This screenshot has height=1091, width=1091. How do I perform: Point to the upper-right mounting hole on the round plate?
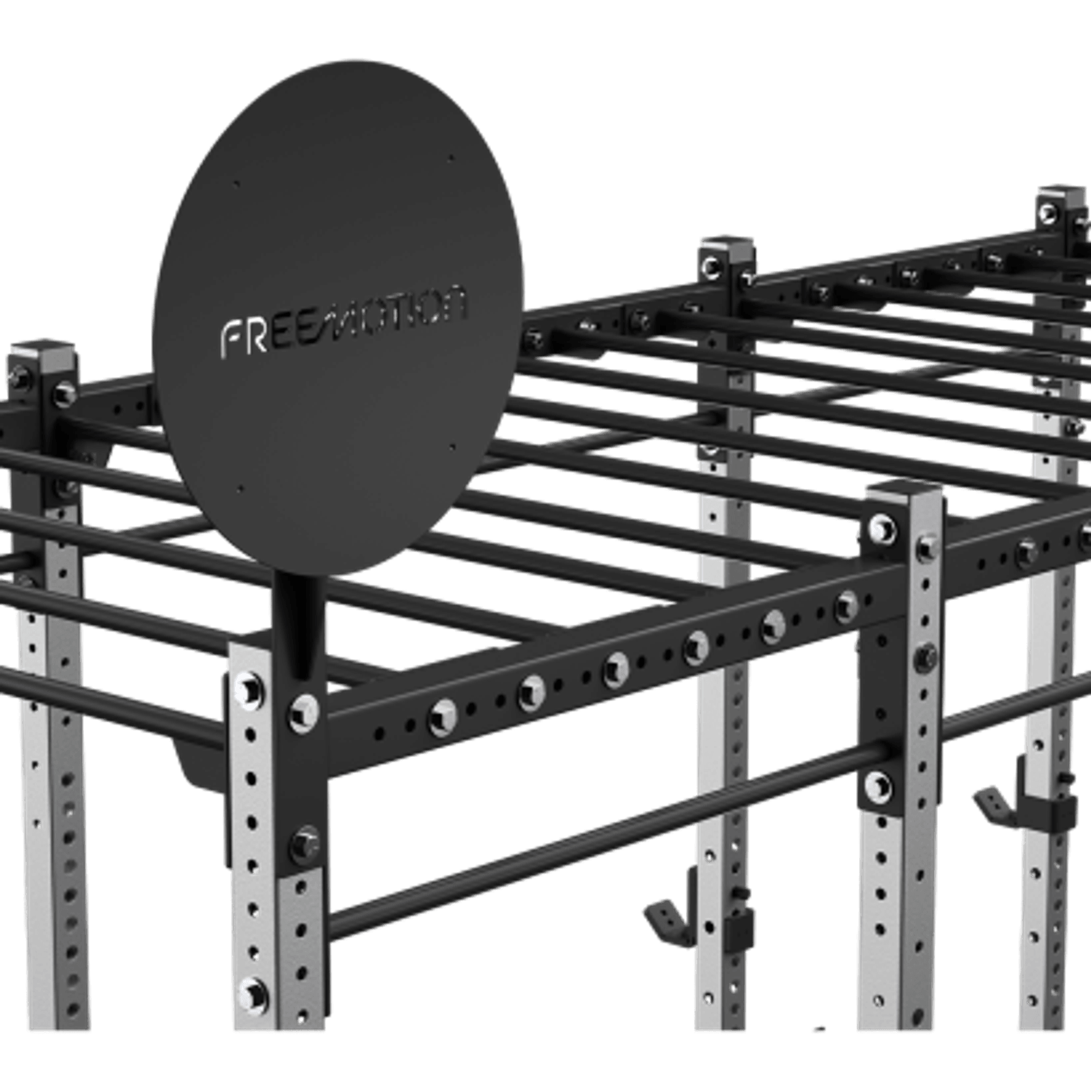point(451,158)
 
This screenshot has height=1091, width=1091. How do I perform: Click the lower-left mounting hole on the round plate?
point(240,488)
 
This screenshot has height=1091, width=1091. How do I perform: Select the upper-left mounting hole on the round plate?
point(236,184)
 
